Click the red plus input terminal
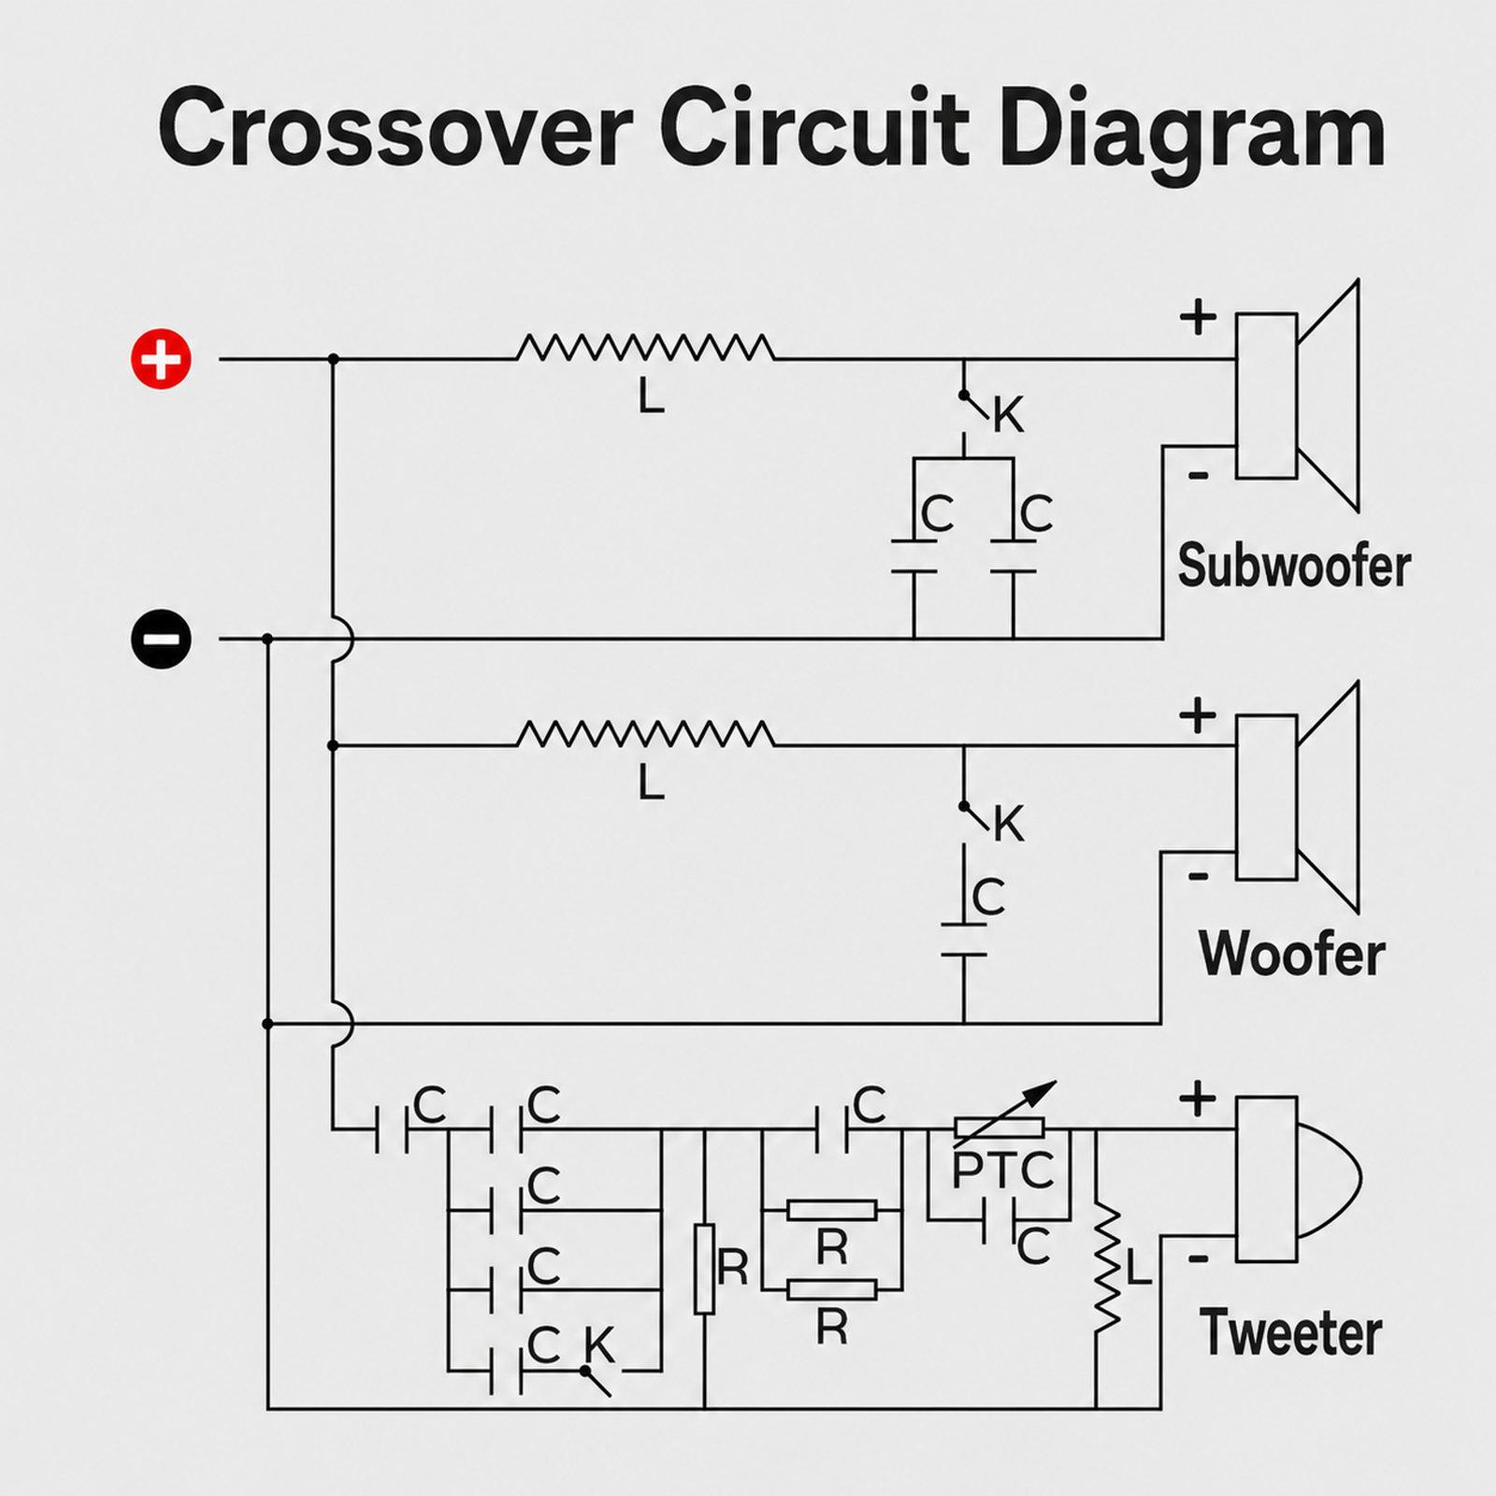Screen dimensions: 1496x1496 click(161, 358)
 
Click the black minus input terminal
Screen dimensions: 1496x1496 click(161, 639)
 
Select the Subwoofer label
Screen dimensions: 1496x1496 click(1294, 567)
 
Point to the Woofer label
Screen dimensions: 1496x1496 click(1292, 954)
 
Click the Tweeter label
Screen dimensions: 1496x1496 click(1291, 1332)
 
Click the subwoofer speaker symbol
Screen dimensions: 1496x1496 click(1298, 396)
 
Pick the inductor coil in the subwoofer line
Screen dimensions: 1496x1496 click(645, 348)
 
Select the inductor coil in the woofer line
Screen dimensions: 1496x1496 click(645, 734)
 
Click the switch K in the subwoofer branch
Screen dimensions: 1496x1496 click(975, 408)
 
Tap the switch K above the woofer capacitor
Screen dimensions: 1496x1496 click(975, 818)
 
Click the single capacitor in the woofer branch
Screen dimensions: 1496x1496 click(964, 940)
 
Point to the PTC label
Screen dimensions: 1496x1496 click(1002, 1171)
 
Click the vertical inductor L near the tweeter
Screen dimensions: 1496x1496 click(1107, 1267)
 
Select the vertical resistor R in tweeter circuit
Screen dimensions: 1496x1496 click(704, 1268)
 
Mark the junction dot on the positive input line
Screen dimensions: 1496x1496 click(333, 359)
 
